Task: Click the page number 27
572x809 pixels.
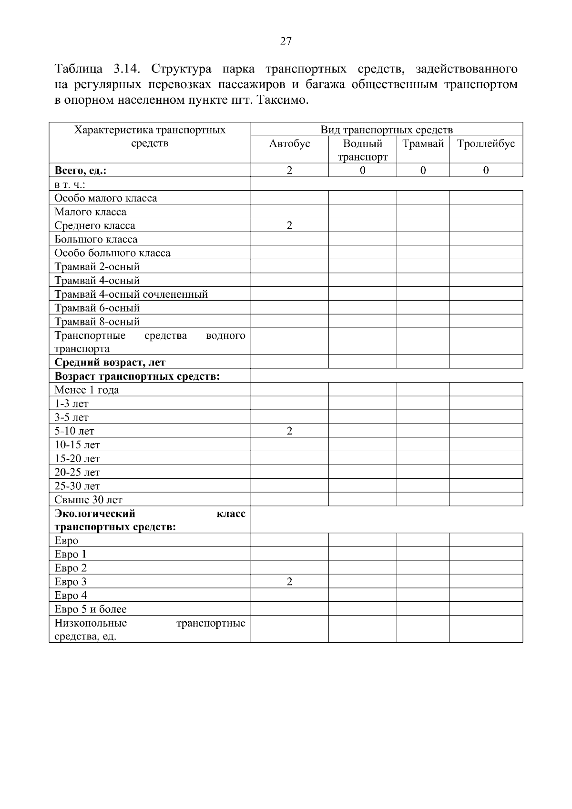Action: point(286,41)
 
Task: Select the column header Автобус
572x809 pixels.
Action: point(289,144)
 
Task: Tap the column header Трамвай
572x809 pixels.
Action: point(423,144)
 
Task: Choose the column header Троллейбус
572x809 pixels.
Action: point(486,144)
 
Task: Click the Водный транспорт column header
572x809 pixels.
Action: point(362,150)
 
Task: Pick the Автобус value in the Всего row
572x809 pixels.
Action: point(289,171)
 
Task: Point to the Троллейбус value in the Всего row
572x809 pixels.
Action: point(486,171)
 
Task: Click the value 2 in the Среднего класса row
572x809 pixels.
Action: point(289,225)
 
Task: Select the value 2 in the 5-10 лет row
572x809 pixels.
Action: point(289,431)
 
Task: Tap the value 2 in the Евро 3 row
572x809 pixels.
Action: point(289,582)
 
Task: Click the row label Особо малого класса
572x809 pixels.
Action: point(106,198)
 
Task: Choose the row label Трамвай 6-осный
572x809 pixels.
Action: point(97,308)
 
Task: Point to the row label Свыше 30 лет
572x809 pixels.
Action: point(89,500)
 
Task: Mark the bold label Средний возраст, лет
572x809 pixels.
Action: point(110,363)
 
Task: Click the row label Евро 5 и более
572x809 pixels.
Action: point(91,609)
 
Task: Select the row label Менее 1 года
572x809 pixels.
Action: point(87,390)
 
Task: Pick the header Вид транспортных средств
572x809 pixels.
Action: point(387,130)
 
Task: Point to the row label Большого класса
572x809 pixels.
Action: point(96,239)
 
